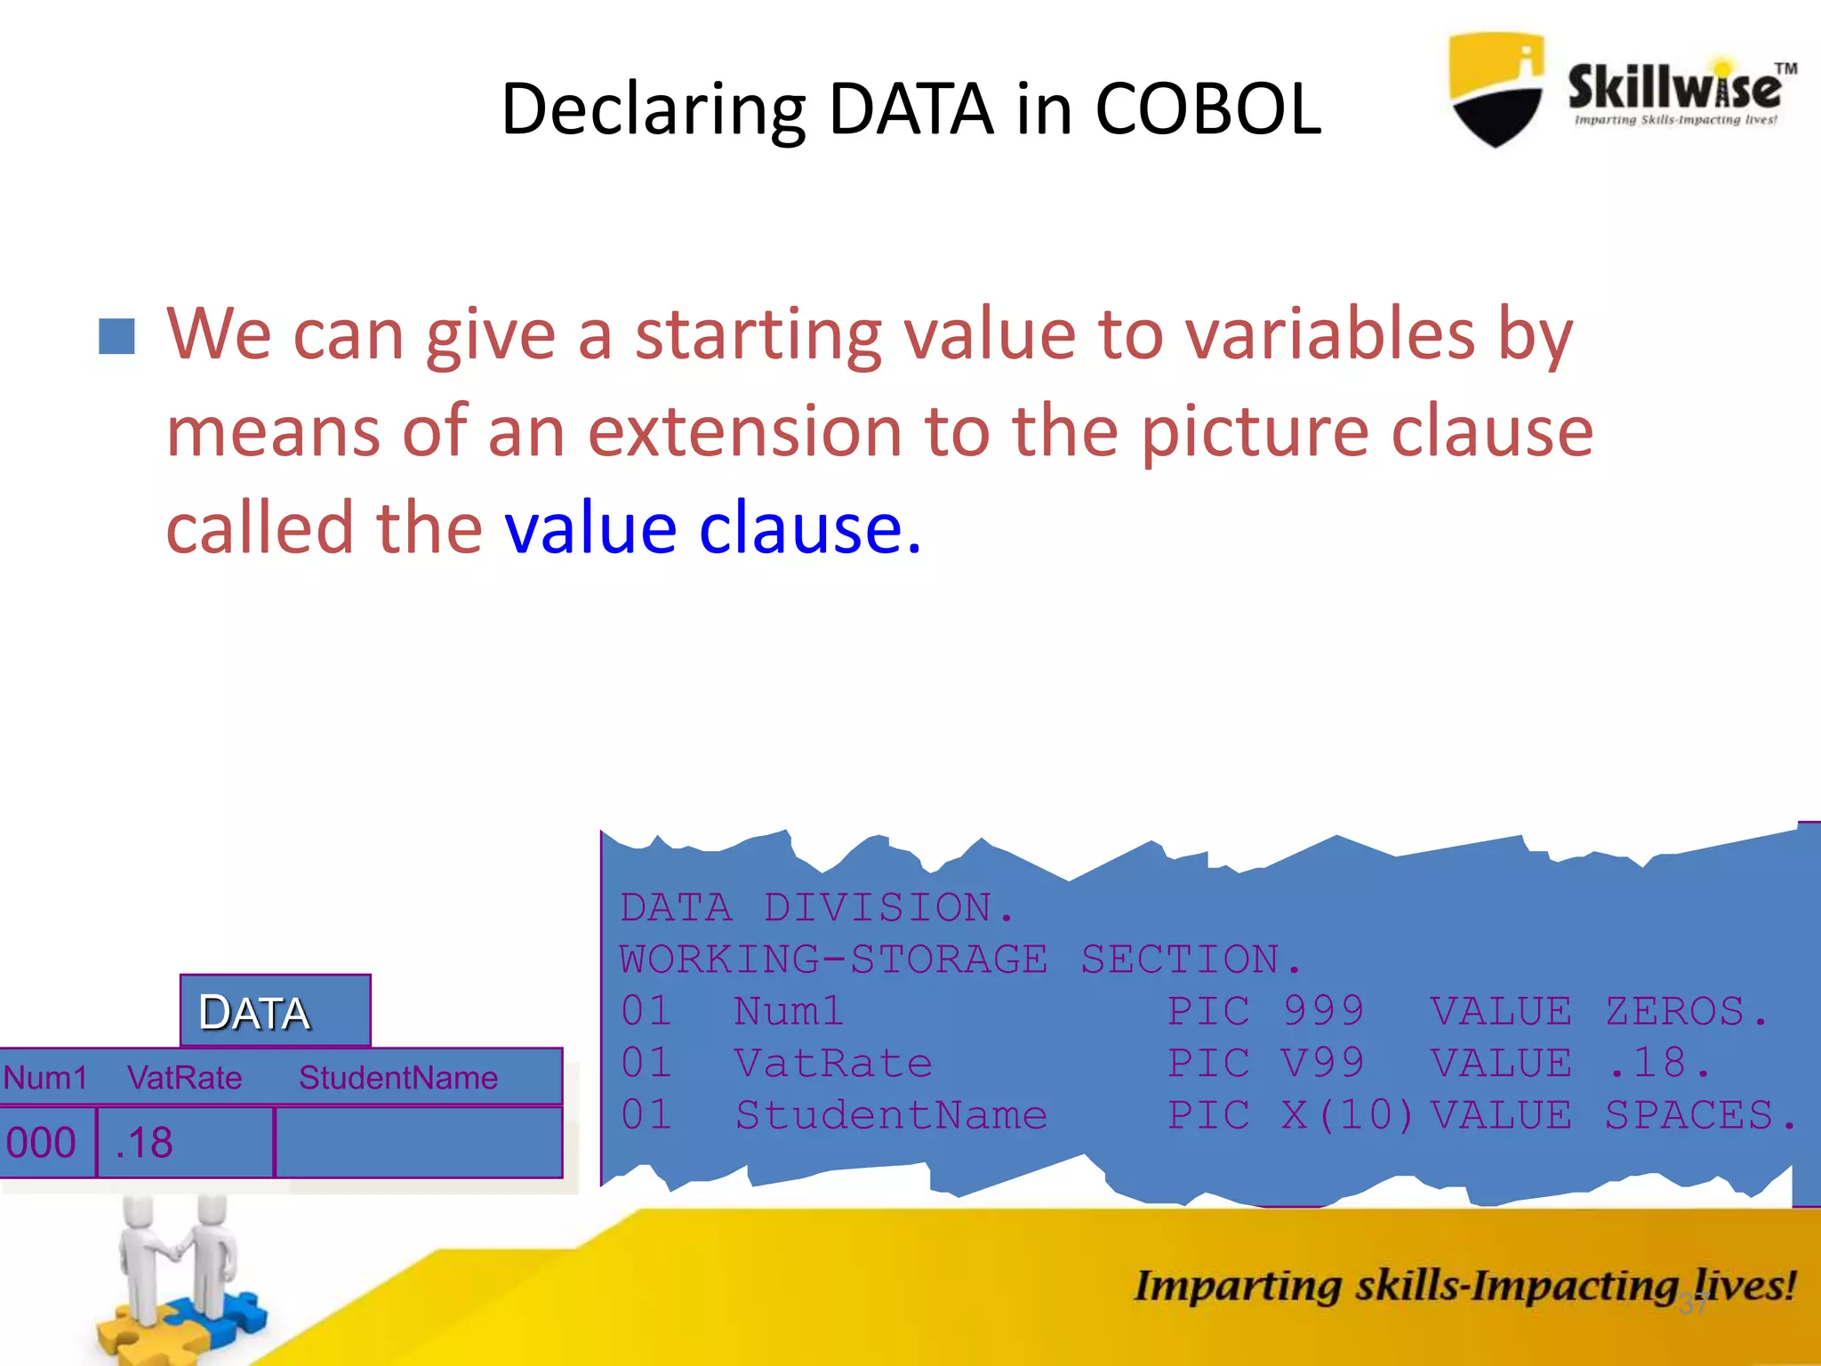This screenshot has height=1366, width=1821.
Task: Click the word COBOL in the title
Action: (1207, 109)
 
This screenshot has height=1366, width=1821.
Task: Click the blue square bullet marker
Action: (116, 337)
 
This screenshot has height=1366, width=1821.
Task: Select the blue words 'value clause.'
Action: (712, 528)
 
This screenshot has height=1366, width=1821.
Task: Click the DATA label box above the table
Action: (275, 1011)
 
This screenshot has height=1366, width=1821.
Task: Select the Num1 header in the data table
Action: (45, 1078)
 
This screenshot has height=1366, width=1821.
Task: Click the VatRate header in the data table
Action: (184, 1078)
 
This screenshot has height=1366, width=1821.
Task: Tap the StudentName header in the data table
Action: (397, 1078)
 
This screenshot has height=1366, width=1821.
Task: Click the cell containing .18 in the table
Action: (184, 1143)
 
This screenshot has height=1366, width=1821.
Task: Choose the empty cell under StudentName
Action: (418, 1143)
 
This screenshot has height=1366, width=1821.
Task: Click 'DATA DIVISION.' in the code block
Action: (816, 908)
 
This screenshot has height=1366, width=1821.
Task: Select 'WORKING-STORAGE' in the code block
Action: (833, 960)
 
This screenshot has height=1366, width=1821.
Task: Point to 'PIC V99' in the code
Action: (1264, 1064)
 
